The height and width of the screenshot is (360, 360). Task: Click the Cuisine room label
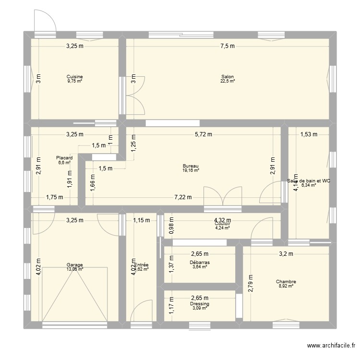click(x=75, y=77)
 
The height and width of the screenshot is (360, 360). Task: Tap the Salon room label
click(x=228, y=77)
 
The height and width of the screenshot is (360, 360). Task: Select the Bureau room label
click(x=191, y=166)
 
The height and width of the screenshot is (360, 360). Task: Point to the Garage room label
click(x=75, y=265)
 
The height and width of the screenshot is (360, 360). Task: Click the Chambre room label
click(x=286, y=282)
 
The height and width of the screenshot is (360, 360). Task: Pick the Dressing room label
click(x=199, y=304)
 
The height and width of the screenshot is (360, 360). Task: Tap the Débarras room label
click(x=199, y=263)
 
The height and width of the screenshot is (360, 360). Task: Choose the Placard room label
click(x=64, y=157)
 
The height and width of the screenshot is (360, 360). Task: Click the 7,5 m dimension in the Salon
click(x=228, y=47)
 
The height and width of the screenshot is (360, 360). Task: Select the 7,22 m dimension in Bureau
click(x=183, y=197)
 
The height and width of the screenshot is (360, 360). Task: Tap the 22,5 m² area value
click(x=228, y=82)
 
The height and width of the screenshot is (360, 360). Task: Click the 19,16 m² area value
click(x=191, y=170)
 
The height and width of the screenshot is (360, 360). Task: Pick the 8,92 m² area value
click(x=286, y=287)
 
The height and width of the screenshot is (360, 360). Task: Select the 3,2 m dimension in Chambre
click(x=287, y=254)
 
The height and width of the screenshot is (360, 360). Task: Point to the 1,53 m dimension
click(x=309, y=134)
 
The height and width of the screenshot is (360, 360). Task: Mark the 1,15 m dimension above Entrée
click(x=142, y=221)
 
